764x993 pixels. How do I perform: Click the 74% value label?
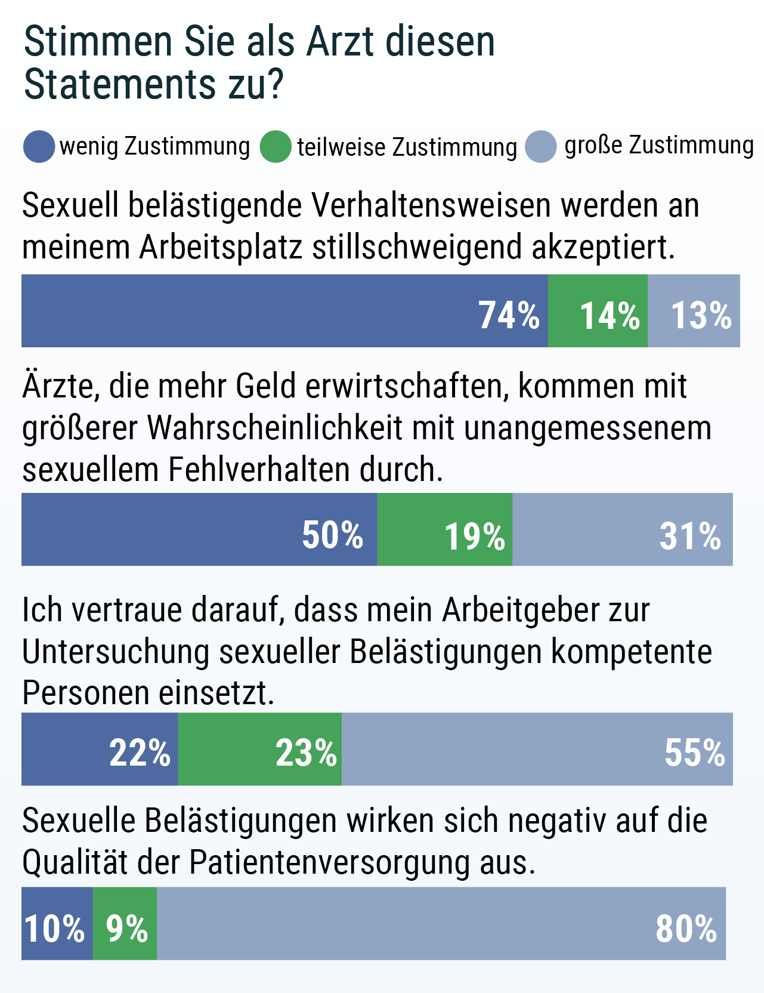click(509, 315)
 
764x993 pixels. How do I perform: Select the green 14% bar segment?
click(598, 311)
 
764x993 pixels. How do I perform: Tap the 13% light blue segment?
click(694, 311)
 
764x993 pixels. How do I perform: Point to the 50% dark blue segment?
click(199, 529)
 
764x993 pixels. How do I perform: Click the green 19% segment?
click(445, 529)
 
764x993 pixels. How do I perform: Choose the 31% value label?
click(689, 535)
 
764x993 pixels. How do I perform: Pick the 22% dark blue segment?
click(100, 749)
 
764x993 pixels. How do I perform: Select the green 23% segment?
click(260, 749)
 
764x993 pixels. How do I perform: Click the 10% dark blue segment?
click(57, 923)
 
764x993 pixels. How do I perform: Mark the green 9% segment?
click(125, 923)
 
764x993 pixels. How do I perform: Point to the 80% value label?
click(686, 929)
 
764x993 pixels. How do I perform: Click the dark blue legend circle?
click(39, 146)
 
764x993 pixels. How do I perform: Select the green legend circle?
click(276, 146)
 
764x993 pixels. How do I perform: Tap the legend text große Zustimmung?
click(658, 145)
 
